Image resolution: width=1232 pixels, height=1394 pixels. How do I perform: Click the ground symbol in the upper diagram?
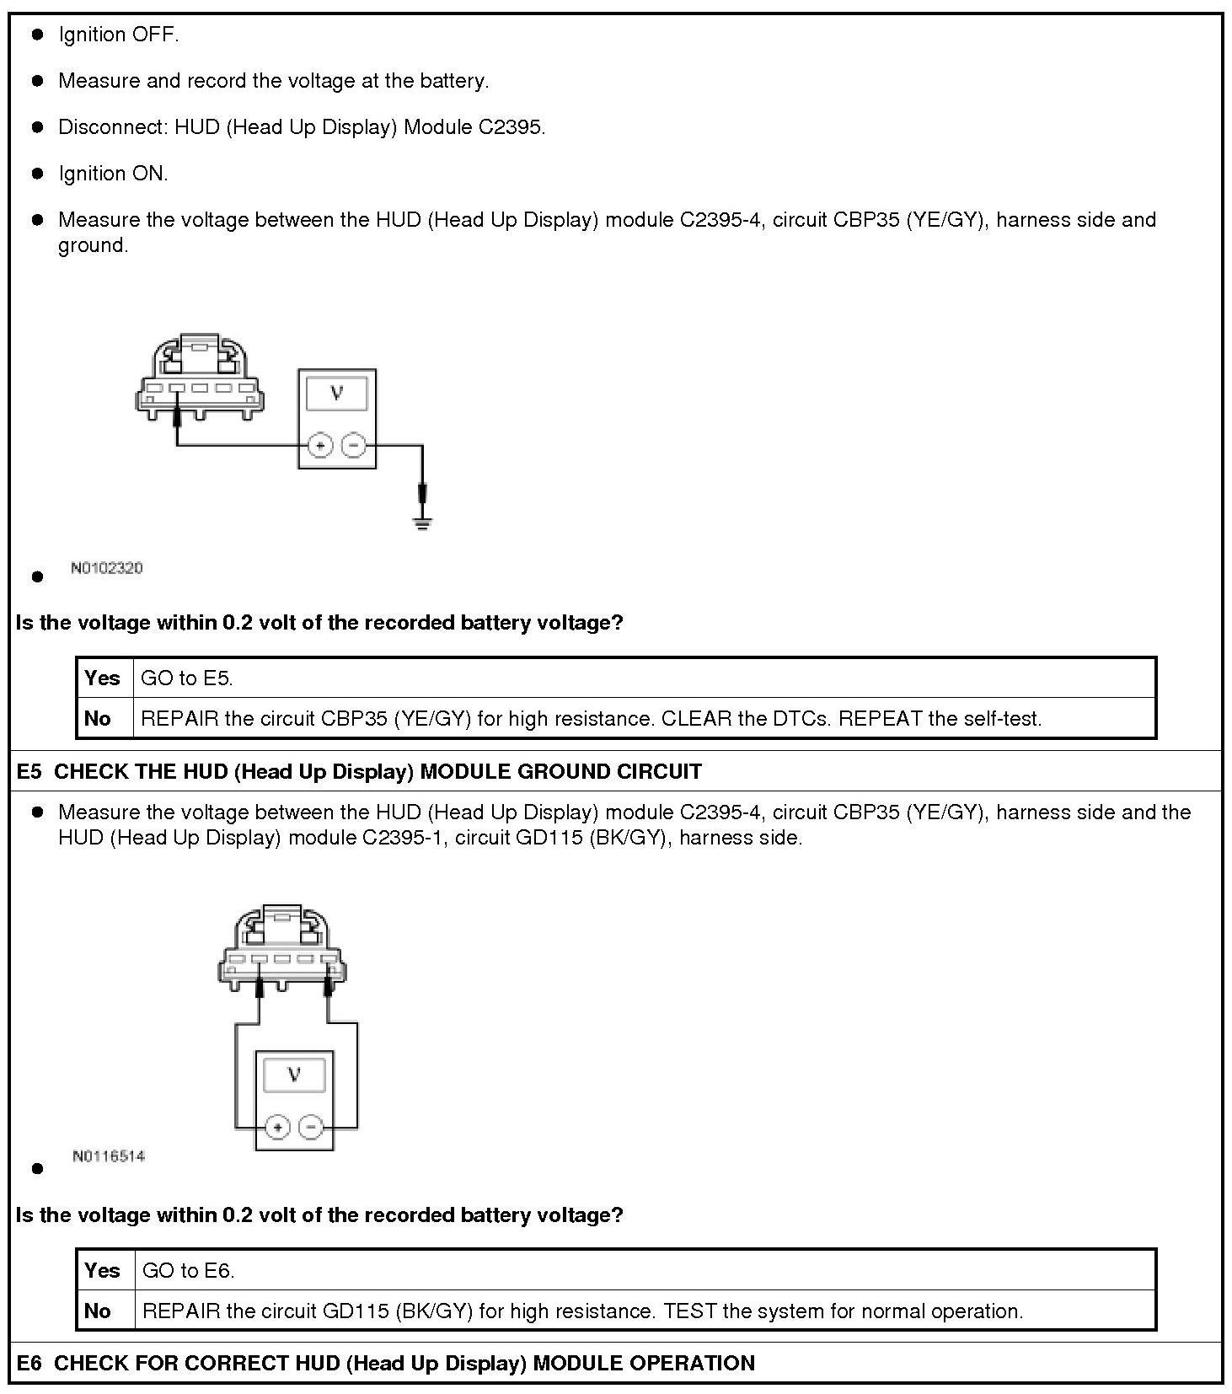coord(422,523)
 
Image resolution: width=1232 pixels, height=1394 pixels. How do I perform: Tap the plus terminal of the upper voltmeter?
coord(319,444)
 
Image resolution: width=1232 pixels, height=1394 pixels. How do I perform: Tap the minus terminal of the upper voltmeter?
coord(354,444)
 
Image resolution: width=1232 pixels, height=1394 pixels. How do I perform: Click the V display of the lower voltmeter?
coord(294,1075)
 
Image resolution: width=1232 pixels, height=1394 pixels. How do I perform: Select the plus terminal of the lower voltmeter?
coord(277,1127)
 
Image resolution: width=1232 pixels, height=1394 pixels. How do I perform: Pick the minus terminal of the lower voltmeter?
coord(311,1127)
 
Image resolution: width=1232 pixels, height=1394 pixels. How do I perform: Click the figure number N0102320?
coord(107,568)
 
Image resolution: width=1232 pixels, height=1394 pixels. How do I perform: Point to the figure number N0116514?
coord(109,1156)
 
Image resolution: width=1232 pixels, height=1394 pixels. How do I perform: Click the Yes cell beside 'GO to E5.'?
coord(103,678)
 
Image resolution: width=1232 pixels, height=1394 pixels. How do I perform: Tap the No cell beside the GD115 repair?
coord(98,1311)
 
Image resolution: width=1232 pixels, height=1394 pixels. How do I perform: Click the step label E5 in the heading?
coord(29,771)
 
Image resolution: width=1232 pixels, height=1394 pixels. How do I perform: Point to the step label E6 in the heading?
coord(29,1363)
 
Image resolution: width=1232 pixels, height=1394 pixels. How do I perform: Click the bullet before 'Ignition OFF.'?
coord(37,35)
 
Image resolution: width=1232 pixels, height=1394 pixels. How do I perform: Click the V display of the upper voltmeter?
coord(337,393)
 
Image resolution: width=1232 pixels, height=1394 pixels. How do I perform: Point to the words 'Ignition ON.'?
coord(113,174)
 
